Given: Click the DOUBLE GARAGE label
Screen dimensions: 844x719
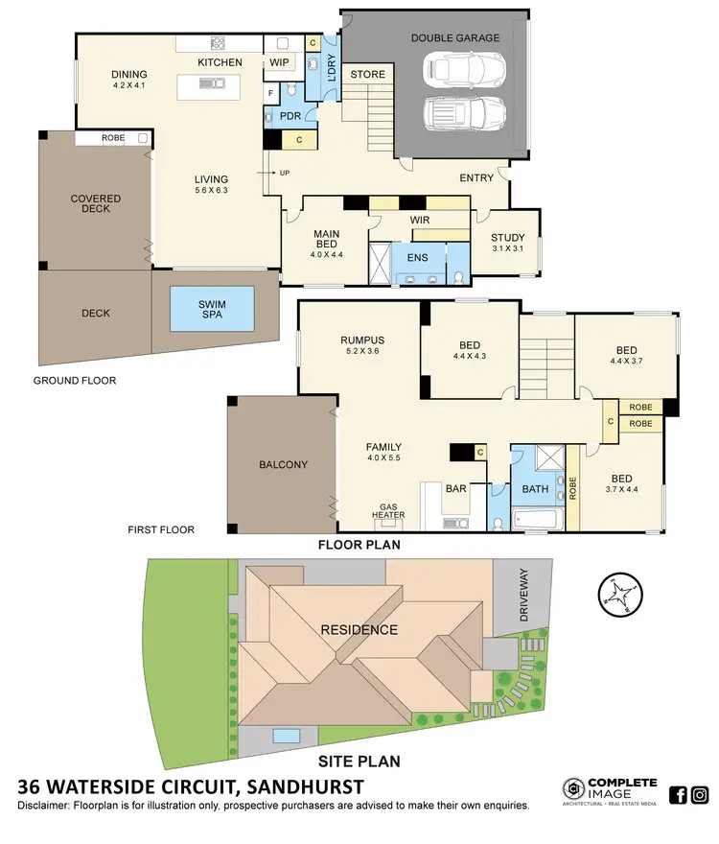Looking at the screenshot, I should click(455, 38).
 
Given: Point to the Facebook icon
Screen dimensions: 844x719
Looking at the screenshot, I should click(677, 794).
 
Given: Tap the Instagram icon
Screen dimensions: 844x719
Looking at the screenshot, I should click(700, 794).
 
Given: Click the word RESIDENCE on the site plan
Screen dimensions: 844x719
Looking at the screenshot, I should click(359, 630).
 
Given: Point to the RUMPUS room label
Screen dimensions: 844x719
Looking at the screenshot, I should click(362, 340).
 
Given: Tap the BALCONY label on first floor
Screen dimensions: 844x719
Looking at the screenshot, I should click(284, 465).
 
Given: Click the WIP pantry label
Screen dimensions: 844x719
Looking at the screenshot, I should click(280, 62).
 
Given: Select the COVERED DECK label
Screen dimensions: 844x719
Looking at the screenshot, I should click(96, 204).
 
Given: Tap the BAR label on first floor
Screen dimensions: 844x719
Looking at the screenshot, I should click(456, 489).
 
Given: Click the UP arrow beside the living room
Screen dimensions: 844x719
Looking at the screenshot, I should click(283, 174).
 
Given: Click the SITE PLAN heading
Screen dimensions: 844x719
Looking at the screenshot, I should click(359, 763).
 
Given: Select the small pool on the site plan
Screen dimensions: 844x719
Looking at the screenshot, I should click(284, 737).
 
